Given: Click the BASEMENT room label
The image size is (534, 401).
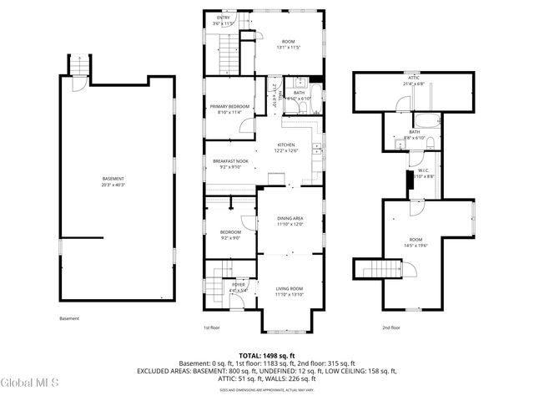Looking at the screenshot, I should pyautogui.click(x=113, y=179).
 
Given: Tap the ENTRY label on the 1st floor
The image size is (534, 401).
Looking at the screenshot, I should pyautogui.click(x=224, y=18).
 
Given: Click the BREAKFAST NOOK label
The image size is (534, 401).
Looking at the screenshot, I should pyautogui.click(x=230, y=160).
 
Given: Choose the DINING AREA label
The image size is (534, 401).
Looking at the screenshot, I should pyautogui.click(x=290, y=219).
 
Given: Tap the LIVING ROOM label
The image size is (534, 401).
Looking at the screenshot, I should pyautogui.click(x=290, y=289).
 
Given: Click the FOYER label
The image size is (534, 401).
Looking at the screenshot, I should pyautogui.click(x=239, y=285).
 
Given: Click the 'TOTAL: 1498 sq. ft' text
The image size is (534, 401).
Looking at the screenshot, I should pyautogui.click(x=266, y=355).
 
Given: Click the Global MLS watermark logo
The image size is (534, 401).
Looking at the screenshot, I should pyautogui.click(x=30, y=383).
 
